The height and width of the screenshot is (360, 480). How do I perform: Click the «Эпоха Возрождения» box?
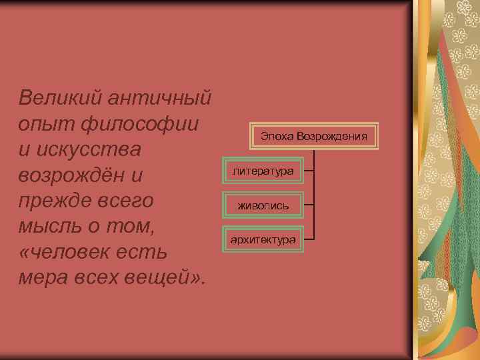tap(314, 137)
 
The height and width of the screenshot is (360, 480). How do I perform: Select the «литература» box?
tap(263, 171)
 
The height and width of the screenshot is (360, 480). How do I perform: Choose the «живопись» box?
tap(263, 205)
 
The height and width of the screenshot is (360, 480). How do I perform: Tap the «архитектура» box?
tap(263, 239)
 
